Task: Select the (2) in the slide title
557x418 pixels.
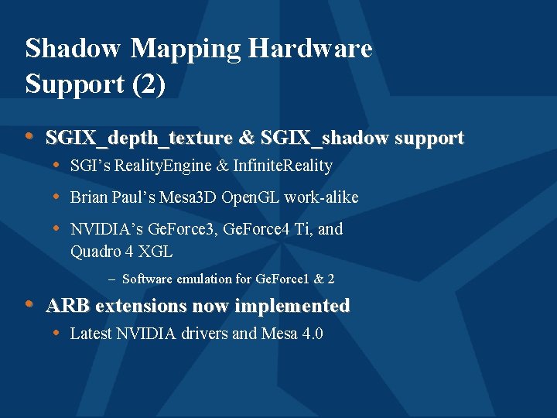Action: point(149,84)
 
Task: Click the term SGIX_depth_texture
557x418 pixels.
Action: point(139,139)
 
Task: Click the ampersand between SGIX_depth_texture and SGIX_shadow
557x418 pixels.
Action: point(247,139)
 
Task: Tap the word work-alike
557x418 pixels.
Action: point(321,197)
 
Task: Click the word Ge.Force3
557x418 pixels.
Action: point(181,229)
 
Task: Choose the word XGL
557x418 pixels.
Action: point(155,252)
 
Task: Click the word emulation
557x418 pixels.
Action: point(203,279)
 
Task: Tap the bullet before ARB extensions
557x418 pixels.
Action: point(29,304)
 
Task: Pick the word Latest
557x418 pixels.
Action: point(91,334)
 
